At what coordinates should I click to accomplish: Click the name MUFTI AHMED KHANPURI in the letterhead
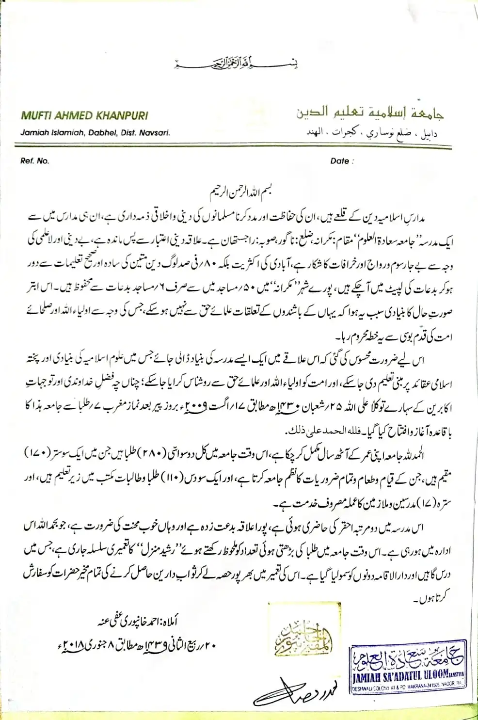click(84, 115)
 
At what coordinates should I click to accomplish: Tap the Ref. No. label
click(34, 160)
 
